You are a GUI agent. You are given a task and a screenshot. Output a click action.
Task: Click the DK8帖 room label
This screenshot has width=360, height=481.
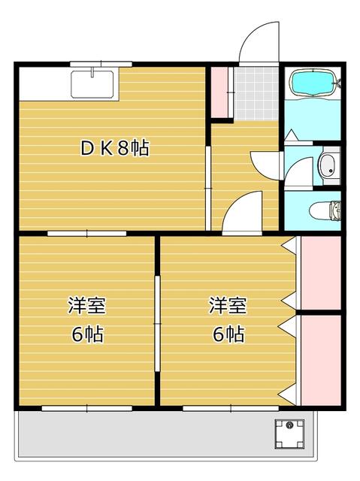click(114, 148)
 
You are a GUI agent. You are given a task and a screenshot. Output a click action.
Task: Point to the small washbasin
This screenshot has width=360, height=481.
click(328, 167)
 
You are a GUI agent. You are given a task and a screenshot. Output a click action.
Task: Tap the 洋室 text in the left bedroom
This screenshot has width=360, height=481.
click(86, 307)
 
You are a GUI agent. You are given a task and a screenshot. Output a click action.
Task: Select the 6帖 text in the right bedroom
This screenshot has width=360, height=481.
click(227, 335)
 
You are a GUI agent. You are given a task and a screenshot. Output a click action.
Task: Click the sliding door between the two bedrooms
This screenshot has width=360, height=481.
click(157, 323)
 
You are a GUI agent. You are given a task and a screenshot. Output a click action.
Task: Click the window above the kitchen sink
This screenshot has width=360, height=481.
click(101, 64)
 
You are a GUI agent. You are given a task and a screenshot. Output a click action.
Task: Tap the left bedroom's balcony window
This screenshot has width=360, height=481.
click(87, 408)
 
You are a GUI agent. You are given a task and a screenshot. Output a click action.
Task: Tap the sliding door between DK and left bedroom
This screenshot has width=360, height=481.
click(87, 234)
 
